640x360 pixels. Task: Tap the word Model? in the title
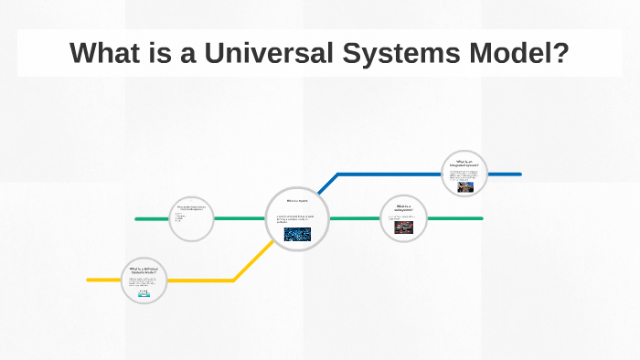(x=517, y=53)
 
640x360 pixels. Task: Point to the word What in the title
(x=99, y=53)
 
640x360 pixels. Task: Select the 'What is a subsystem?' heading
(x=404, y=208)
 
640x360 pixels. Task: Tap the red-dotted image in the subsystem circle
(x=404, y=227)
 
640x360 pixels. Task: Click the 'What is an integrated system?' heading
(x=464, y=164)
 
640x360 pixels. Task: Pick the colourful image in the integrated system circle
(x=465, y=185)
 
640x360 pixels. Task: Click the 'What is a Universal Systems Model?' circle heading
(x=144, y=270)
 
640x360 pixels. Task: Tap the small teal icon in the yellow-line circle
(x=144, y=294)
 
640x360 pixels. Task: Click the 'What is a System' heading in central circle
(x=298, y=200)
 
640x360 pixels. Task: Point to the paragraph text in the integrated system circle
(x=464, y=174)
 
